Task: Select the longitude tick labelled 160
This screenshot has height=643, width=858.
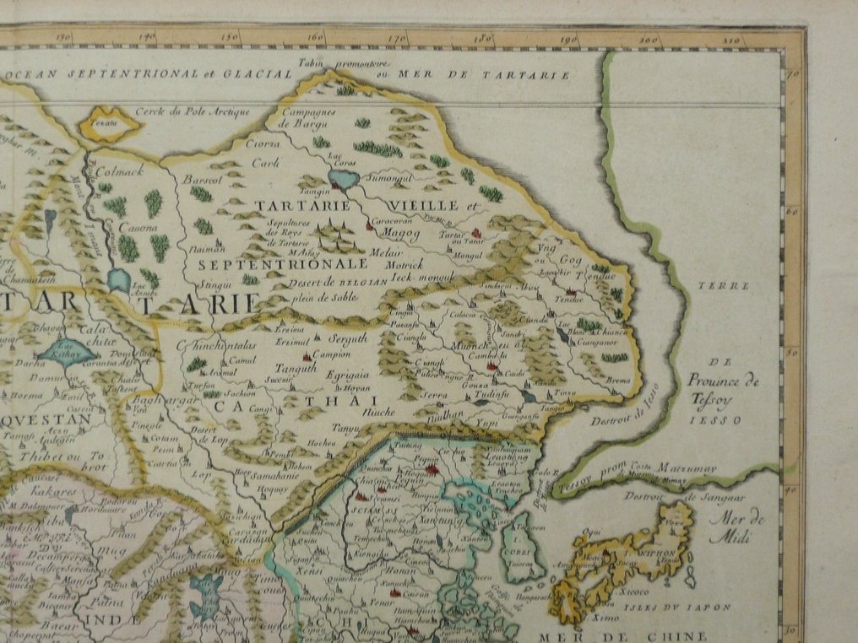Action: click(x=317, y=38)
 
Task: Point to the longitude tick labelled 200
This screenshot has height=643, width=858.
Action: click(x=649, y=40)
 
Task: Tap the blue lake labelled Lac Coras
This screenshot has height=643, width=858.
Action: click(x=344, y=179)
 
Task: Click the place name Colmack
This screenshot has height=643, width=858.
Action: click(x=122, y=170)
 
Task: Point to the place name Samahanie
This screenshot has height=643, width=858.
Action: click(x=271, y=476)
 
